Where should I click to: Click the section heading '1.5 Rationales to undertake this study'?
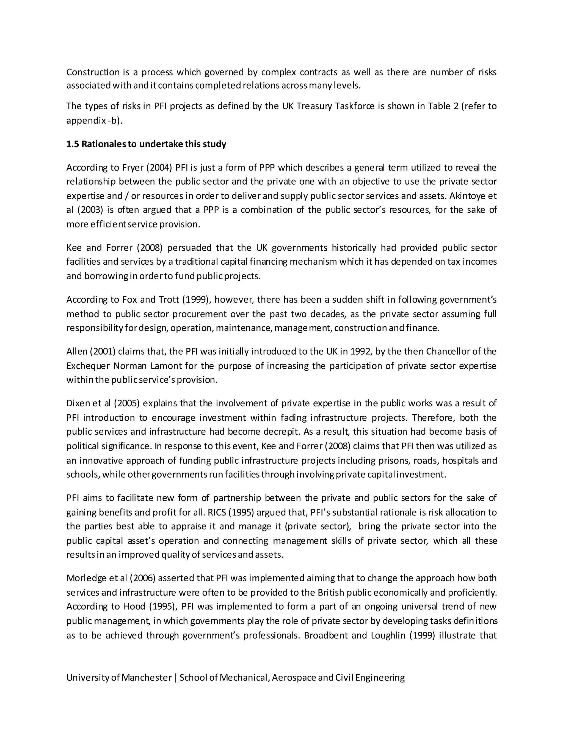[146, 144]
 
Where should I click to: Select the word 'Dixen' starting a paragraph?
[78, 403]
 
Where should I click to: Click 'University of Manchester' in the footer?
[119, 678]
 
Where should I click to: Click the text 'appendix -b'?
[92, 120]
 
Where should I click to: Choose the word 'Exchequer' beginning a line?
[88, 366]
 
